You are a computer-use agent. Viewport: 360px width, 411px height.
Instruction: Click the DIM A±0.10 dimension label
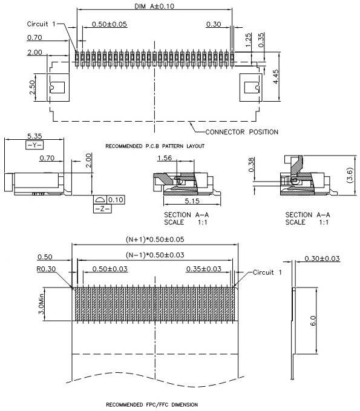[x=154, y=6]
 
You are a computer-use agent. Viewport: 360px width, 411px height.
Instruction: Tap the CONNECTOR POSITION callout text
[x=241, y=132]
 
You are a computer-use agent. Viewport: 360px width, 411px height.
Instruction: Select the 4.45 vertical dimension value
[x=276, y=76]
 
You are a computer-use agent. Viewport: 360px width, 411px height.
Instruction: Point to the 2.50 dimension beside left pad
[x=32, y=87]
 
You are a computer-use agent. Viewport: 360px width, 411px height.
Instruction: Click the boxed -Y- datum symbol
[x=34, y=145]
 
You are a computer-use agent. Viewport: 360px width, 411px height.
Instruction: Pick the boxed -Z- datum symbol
[x=102, y=209]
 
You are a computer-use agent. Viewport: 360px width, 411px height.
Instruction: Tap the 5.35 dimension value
[x=34, y=136]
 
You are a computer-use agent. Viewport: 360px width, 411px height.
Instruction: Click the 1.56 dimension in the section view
[x=165, y=158]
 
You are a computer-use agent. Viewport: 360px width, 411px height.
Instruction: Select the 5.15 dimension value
[x=192, y=201]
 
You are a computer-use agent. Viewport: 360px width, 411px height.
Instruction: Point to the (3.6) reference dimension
[x=350, y=175]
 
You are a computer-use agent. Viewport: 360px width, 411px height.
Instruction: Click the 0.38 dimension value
[x=251, y=165]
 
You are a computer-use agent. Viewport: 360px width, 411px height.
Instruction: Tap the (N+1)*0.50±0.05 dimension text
[x=155, y=239]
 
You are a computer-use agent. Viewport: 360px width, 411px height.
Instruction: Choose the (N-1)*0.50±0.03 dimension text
[x=155, y=255]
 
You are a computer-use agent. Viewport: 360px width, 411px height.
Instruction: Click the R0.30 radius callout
[x=46, y=269]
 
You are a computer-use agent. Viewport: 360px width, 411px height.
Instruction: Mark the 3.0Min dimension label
[x=41, y=304]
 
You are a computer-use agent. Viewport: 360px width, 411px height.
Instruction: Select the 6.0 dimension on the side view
[x=313, y=321]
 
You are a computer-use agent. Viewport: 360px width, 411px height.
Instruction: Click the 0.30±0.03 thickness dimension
[x=322, y=258]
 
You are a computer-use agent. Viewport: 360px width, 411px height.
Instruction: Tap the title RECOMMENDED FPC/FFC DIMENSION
[x=152, y=404]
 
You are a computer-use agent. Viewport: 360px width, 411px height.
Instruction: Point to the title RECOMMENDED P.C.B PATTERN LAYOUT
[x=155, y=146]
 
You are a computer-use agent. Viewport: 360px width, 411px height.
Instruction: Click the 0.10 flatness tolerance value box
[x=116, y=200]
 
